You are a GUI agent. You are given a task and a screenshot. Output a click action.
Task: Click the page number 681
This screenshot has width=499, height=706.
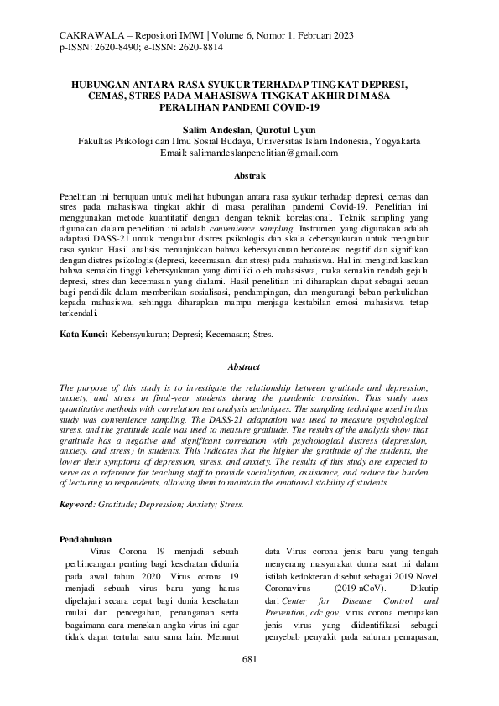[x=248, y=660]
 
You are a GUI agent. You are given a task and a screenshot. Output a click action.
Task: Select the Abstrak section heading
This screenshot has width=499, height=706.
[x=248, y=175]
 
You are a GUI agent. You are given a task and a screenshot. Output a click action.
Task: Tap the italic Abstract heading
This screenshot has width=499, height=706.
[x=248, y=366]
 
